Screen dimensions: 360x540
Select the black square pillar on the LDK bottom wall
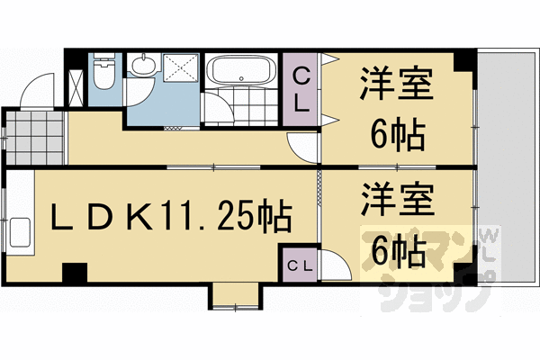point(74,270)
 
